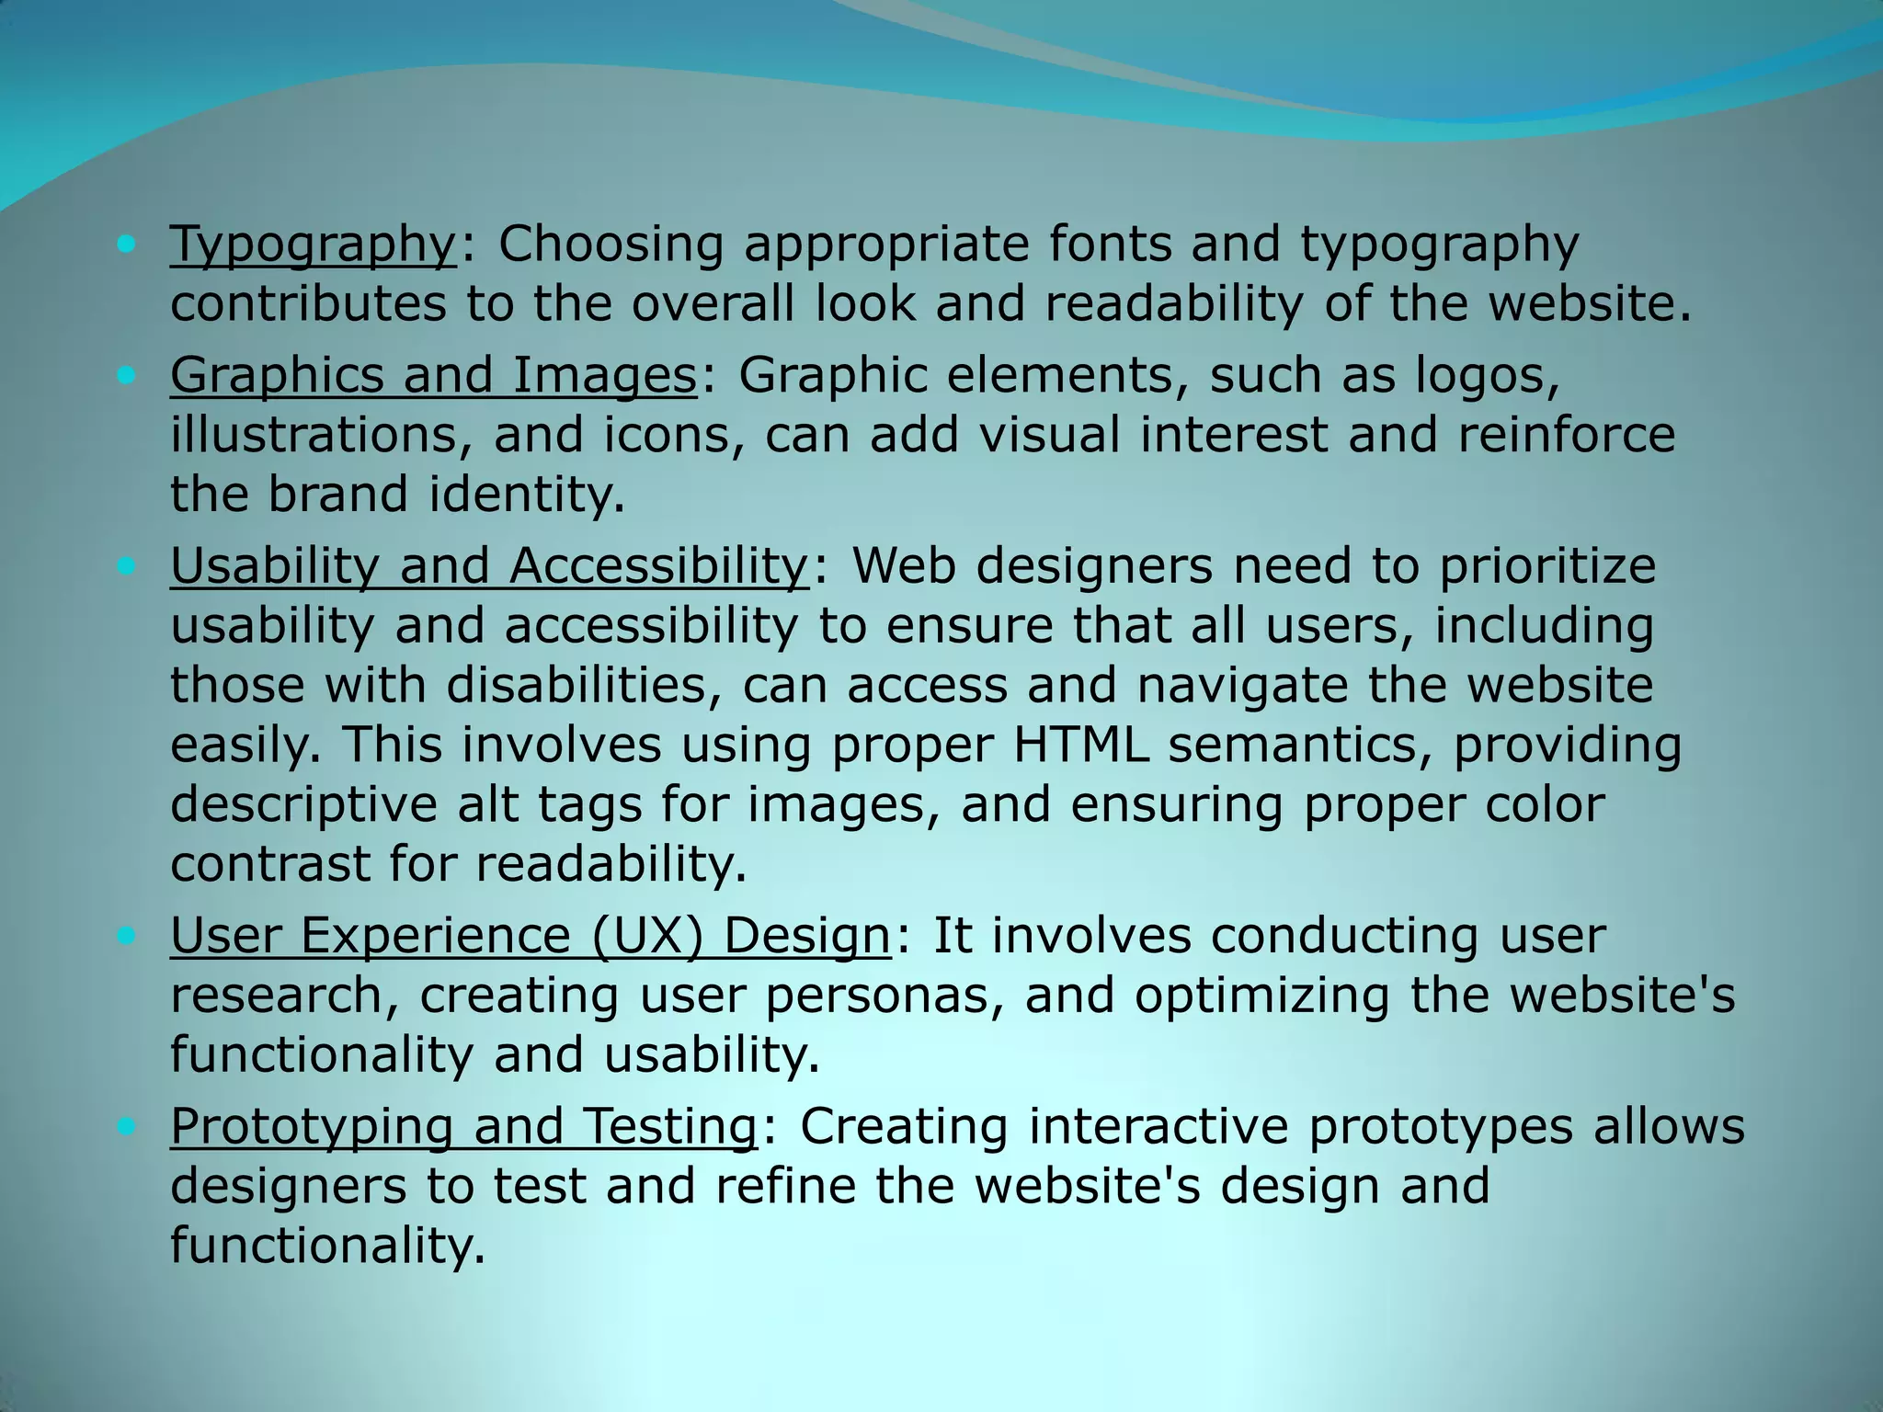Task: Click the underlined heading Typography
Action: click(313, 245)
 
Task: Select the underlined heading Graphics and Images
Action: click(433, 376)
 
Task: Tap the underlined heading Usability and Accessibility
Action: click(489, 566)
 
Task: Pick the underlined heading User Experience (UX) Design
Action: click(531, 936)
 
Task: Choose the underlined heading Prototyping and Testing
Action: click(463, 1126)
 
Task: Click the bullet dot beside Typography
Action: click(127, 245)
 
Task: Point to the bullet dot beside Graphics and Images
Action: click(127, 375)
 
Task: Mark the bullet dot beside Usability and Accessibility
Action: click(127, 565)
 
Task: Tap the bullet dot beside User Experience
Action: click(127, 935)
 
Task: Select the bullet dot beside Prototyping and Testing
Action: click(127, 1125)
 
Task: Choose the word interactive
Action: click(1158, 1126)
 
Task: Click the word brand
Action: click(337, 495)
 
